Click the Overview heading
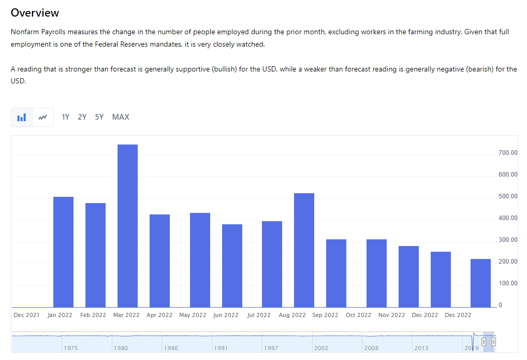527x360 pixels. [35, 13]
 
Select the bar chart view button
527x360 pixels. [22, 118]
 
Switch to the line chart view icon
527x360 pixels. [43, 118]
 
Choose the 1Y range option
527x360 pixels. [66, 117]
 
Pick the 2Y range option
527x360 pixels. [82, 117]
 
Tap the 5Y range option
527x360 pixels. [99, 117]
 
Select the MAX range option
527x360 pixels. [121, 117]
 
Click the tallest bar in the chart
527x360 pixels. [127, 225]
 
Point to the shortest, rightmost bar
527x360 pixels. [480, 283]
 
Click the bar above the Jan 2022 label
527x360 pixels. [64, 252]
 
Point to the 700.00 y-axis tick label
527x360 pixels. [508, 153]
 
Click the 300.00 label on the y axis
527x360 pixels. [508, 240]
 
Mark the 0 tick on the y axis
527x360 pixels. [500, 305]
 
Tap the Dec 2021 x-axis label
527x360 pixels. [26, 315]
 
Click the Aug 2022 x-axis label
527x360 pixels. [292, 315]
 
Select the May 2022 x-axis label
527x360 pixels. [193, 315]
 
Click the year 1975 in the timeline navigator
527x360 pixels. [70, 348]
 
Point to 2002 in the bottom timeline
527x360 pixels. [321, 348]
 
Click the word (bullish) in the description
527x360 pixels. [224, 69]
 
